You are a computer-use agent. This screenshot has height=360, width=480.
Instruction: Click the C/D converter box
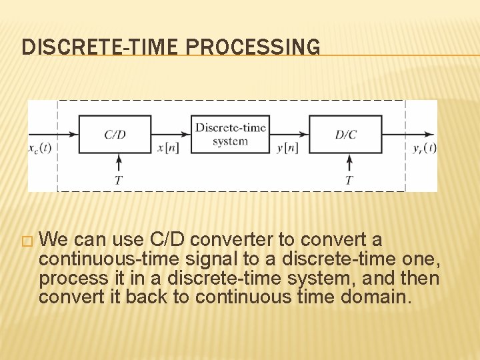(x=115, y=135)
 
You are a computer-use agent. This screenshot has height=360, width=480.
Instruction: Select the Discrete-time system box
(x=231, y=135)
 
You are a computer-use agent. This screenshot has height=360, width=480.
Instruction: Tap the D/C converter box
(x=345, y=135)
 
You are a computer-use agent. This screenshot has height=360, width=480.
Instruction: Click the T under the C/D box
(x=119, y=181)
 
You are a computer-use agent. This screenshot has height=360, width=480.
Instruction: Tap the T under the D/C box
(x=349, y=181)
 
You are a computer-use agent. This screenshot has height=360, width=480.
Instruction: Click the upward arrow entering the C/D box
(x=119, y=163)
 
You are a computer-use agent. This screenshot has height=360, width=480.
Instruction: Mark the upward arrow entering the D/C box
(x=349, y=163)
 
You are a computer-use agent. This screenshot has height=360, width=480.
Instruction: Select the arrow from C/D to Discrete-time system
(x=172, y=135)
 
